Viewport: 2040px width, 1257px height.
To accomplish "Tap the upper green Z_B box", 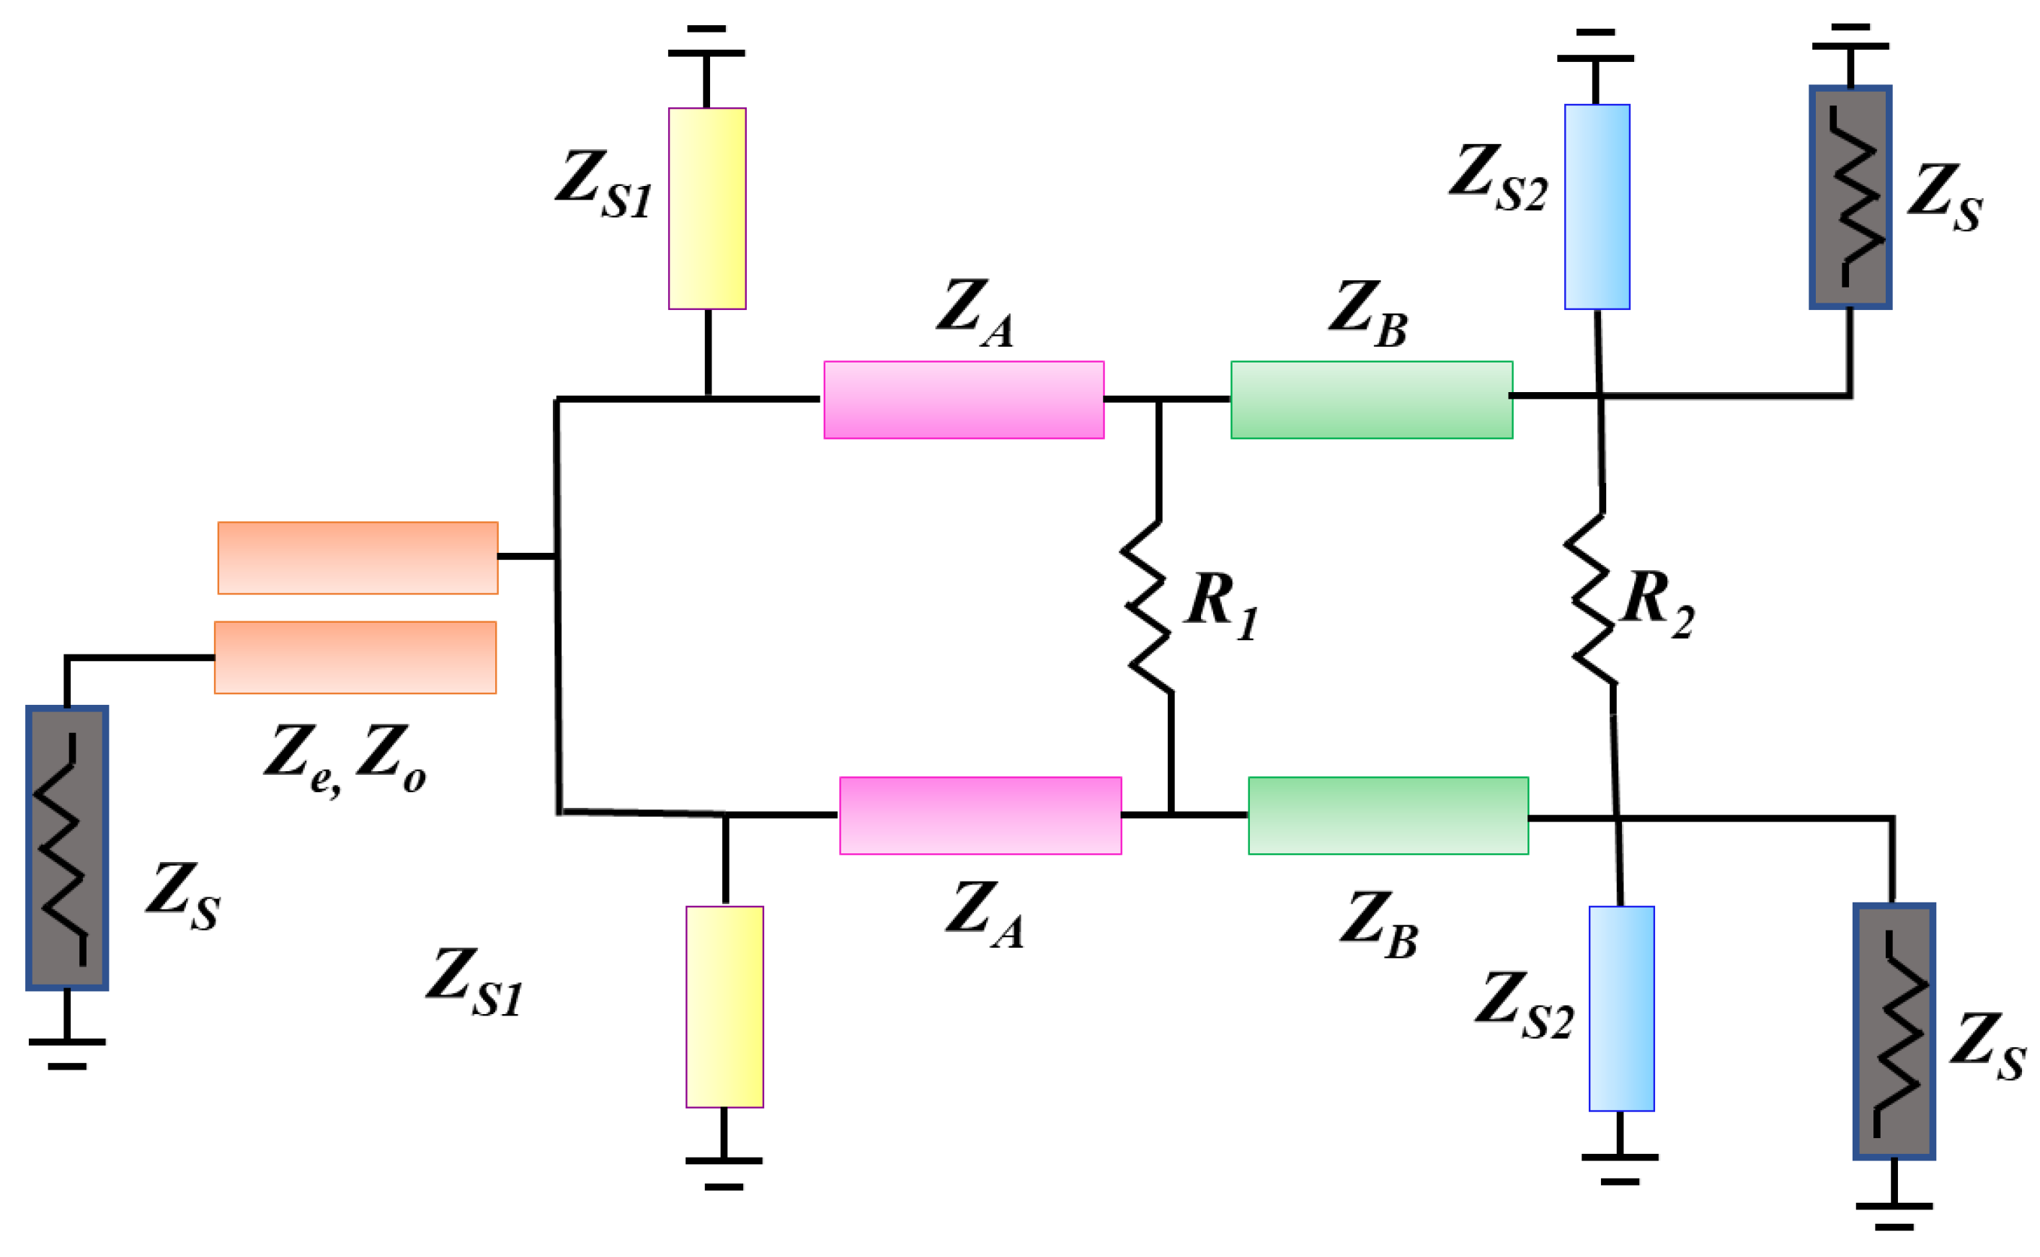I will coord(1371,400).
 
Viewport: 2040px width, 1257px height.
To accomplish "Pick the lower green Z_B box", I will coord(1388,816).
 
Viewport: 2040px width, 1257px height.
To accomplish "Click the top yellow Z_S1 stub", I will coord(706,208).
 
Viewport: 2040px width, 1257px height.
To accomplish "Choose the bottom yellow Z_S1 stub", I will coord(724,1007).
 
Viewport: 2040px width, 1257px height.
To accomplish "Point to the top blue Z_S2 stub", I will coord(1596,206).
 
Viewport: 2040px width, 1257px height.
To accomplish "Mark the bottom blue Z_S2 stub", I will coord(1621,1008).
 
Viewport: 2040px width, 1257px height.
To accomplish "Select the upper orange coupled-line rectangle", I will coord(358,558).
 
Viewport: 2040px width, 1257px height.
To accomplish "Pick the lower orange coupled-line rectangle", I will coord(355,657).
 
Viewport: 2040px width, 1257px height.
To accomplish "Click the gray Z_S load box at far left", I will coord(66,848).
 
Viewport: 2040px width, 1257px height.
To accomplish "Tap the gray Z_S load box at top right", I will coord(1850,197).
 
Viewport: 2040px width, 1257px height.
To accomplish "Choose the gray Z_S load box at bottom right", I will coord(1893,1031).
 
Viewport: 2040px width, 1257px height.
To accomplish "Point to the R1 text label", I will coord(1220,603).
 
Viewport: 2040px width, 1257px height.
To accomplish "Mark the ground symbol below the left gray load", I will coord(66,1052).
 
